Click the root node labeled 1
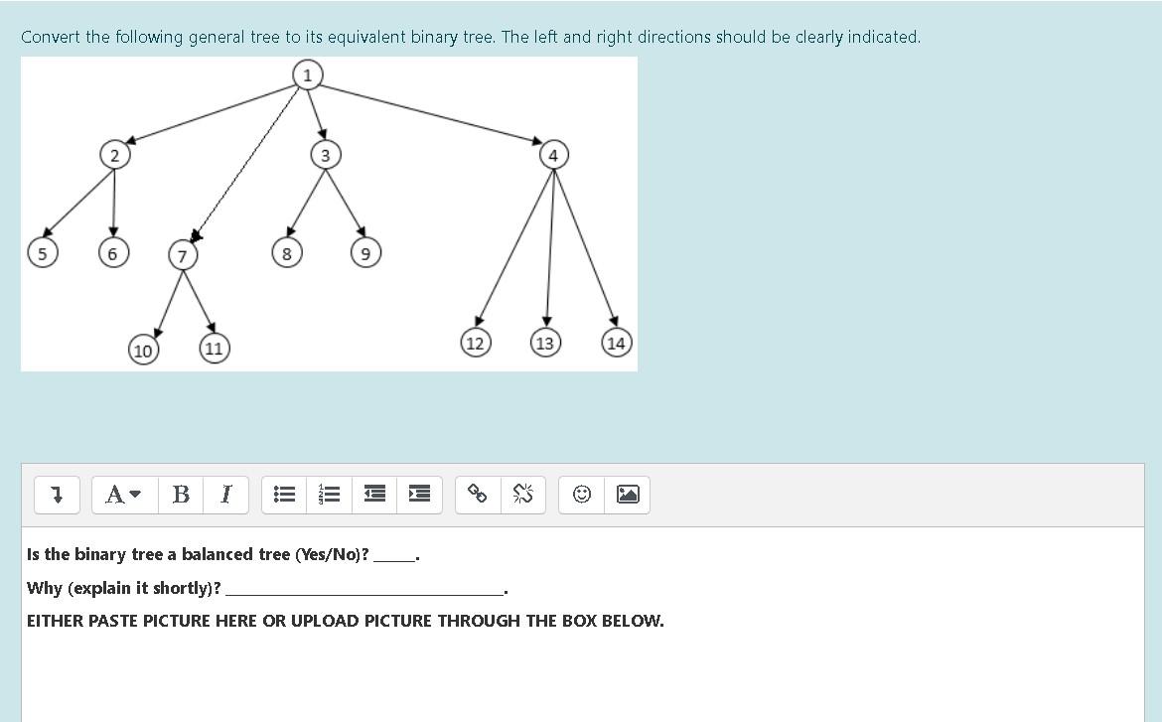pos(308,74)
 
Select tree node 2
pos(114,155)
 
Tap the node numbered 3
pos(325,155)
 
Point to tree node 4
pos(553,155)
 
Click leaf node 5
pos(42,253)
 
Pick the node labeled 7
pos(182,255)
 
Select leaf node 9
pos(365,254)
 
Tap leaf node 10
pos(143,351)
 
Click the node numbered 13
pos(544,344)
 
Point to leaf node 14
pos(616,344)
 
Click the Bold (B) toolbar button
pos(181,494)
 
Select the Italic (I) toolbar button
pos(226,494)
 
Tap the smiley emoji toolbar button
pos(583,494)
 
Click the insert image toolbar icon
pos(628,494)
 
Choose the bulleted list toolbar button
pos(284,494)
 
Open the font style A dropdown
pos(124,494)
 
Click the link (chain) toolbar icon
pos(478,494)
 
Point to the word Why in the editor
pos(44,588)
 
